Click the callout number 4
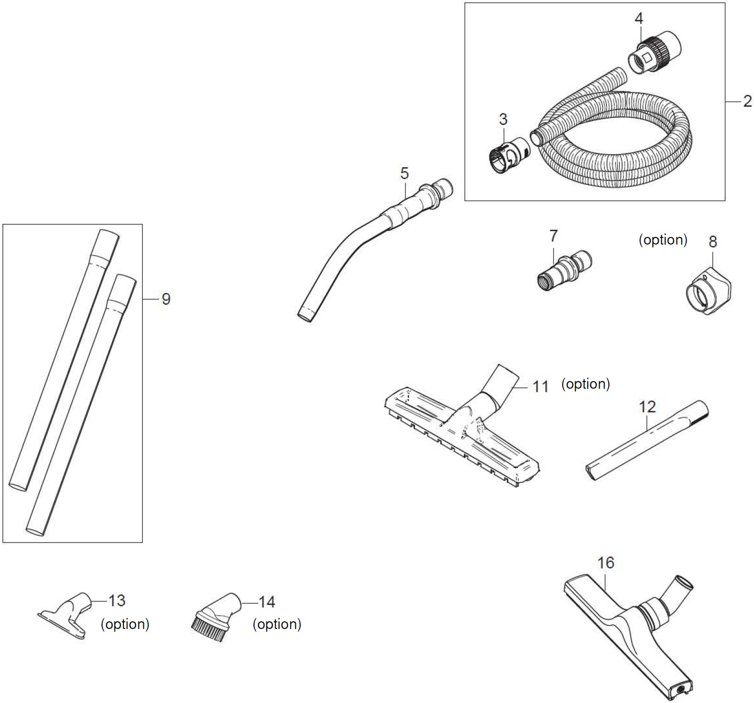point(639,18)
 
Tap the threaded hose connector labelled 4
point(654,50)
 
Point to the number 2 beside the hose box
point(747,101)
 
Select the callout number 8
point(713,241)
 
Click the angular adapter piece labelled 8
point(707,294)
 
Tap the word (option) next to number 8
point(663,240)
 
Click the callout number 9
point(166,299)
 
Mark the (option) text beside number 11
point(586,384)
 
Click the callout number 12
point(647,407)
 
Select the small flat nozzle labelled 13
point(66,615)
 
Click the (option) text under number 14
point(277,624)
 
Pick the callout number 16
point(606,562)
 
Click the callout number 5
point(404,173)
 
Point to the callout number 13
point(116,601)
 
